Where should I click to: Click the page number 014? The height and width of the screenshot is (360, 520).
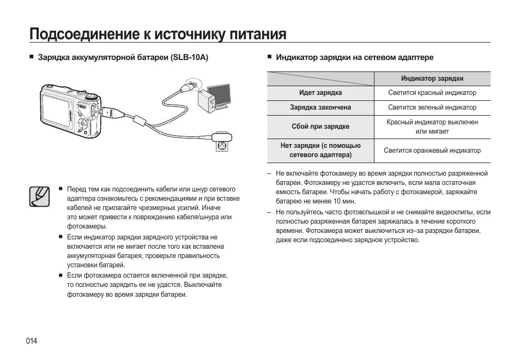pos(32,341)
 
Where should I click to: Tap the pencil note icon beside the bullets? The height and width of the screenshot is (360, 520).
pos(38,196)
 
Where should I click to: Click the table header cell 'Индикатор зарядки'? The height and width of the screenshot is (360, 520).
pos(432,79)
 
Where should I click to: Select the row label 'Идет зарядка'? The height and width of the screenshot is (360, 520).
pos(321,93)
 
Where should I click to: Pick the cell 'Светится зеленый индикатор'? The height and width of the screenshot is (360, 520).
pos(432,108)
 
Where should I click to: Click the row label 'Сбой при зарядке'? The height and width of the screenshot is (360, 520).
pos(321,127)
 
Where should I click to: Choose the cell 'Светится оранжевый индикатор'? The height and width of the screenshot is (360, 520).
pos(432,151)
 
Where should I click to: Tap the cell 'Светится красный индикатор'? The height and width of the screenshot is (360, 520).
pos(432,93)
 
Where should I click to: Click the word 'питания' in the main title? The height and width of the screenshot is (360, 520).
pos(257,34)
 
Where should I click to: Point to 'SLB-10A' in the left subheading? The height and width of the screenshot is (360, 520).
pos(190,57)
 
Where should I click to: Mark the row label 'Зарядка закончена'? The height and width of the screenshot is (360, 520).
pos(321,108)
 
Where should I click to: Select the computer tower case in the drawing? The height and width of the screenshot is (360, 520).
pos(208,100)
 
